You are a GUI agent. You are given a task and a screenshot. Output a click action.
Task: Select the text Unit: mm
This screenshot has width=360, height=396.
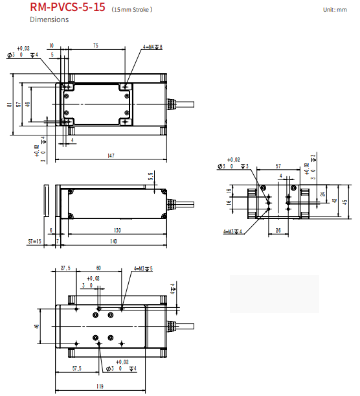point(335,9)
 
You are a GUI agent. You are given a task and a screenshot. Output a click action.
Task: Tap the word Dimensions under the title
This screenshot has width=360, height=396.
point(49,19)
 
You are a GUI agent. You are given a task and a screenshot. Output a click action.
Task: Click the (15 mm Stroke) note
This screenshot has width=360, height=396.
point(132,10)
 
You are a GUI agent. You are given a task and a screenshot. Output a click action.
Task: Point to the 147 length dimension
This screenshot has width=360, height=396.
point(111,156)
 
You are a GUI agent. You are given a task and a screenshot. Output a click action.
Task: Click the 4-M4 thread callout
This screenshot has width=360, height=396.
point(152,47)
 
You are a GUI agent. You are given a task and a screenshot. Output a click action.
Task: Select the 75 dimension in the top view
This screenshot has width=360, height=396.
point(96,46)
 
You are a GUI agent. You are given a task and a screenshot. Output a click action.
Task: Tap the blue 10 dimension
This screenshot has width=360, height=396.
point(52,46)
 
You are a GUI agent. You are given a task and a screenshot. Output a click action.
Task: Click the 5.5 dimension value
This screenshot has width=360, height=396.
point(150,176)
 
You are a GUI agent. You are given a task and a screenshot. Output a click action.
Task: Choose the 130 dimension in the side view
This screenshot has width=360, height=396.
point(117,230)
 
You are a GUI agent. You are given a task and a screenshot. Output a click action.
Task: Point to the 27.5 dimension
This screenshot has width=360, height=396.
point(65,268)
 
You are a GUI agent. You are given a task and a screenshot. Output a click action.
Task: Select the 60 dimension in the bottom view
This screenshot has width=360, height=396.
point(98,268)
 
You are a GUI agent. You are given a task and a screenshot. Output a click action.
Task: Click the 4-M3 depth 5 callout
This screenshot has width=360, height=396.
point(142,268)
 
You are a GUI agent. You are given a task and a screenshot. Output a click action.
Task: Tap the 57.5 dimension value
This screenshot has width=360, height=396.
point(76,369)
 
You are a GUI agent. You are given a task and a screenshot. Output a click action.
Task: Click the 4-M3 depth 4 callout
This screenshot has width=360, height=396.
point(232,231)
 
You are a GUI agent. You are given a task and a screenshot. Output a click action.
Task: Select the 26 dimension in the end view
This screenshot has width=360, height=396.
point(277,229)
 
